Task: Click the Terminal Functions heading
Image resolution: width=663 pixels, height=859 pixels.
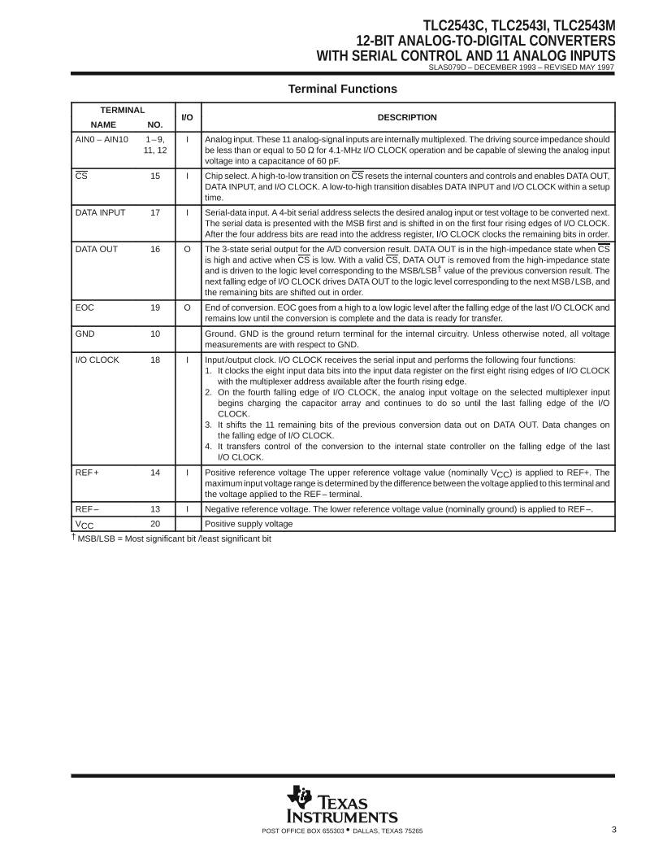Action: point(342,89)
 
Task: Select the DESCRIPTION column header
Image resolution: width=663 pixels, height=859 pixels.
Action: point(407,117)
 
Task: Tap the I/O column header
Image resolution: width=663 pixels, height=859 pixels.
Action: point(187,117)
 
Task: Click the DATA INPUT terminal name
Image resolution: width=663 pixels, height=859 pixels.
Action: point(100,213)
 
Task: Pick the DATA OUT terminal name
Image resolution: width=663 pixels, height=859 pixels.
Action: point(97,250)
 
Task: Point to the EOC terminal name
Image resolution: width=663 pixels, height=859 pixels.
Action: point(84,308)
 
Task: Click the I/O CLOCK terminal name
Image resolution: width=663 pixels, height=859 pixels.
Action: point(97,360)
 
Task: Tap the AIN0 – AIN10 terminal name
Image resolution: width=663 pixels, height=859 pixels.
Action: point(102,139)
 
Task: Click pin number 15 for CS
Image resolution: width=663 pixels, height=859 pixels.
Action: point(155,177)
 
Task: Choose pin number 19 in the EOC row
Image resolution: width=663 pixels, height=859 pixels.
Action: point(155,308)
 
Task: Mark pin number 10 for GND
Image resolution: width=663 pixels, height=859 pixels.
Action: point(155,334)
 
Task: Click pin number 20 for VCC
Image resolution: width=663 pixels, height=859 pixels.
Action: point(155,524)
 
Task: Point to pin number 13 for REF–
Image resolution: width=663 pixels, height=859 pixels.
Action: point(155,509)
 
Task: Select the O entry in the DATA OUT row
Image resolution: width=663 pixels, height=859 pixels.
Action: point(187,250)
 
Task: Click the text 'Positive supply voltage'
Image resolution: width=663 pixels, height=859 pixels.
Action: point(249,524)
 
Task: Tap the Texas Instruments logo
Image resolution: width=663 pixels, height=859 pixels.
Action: point(341,806)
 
